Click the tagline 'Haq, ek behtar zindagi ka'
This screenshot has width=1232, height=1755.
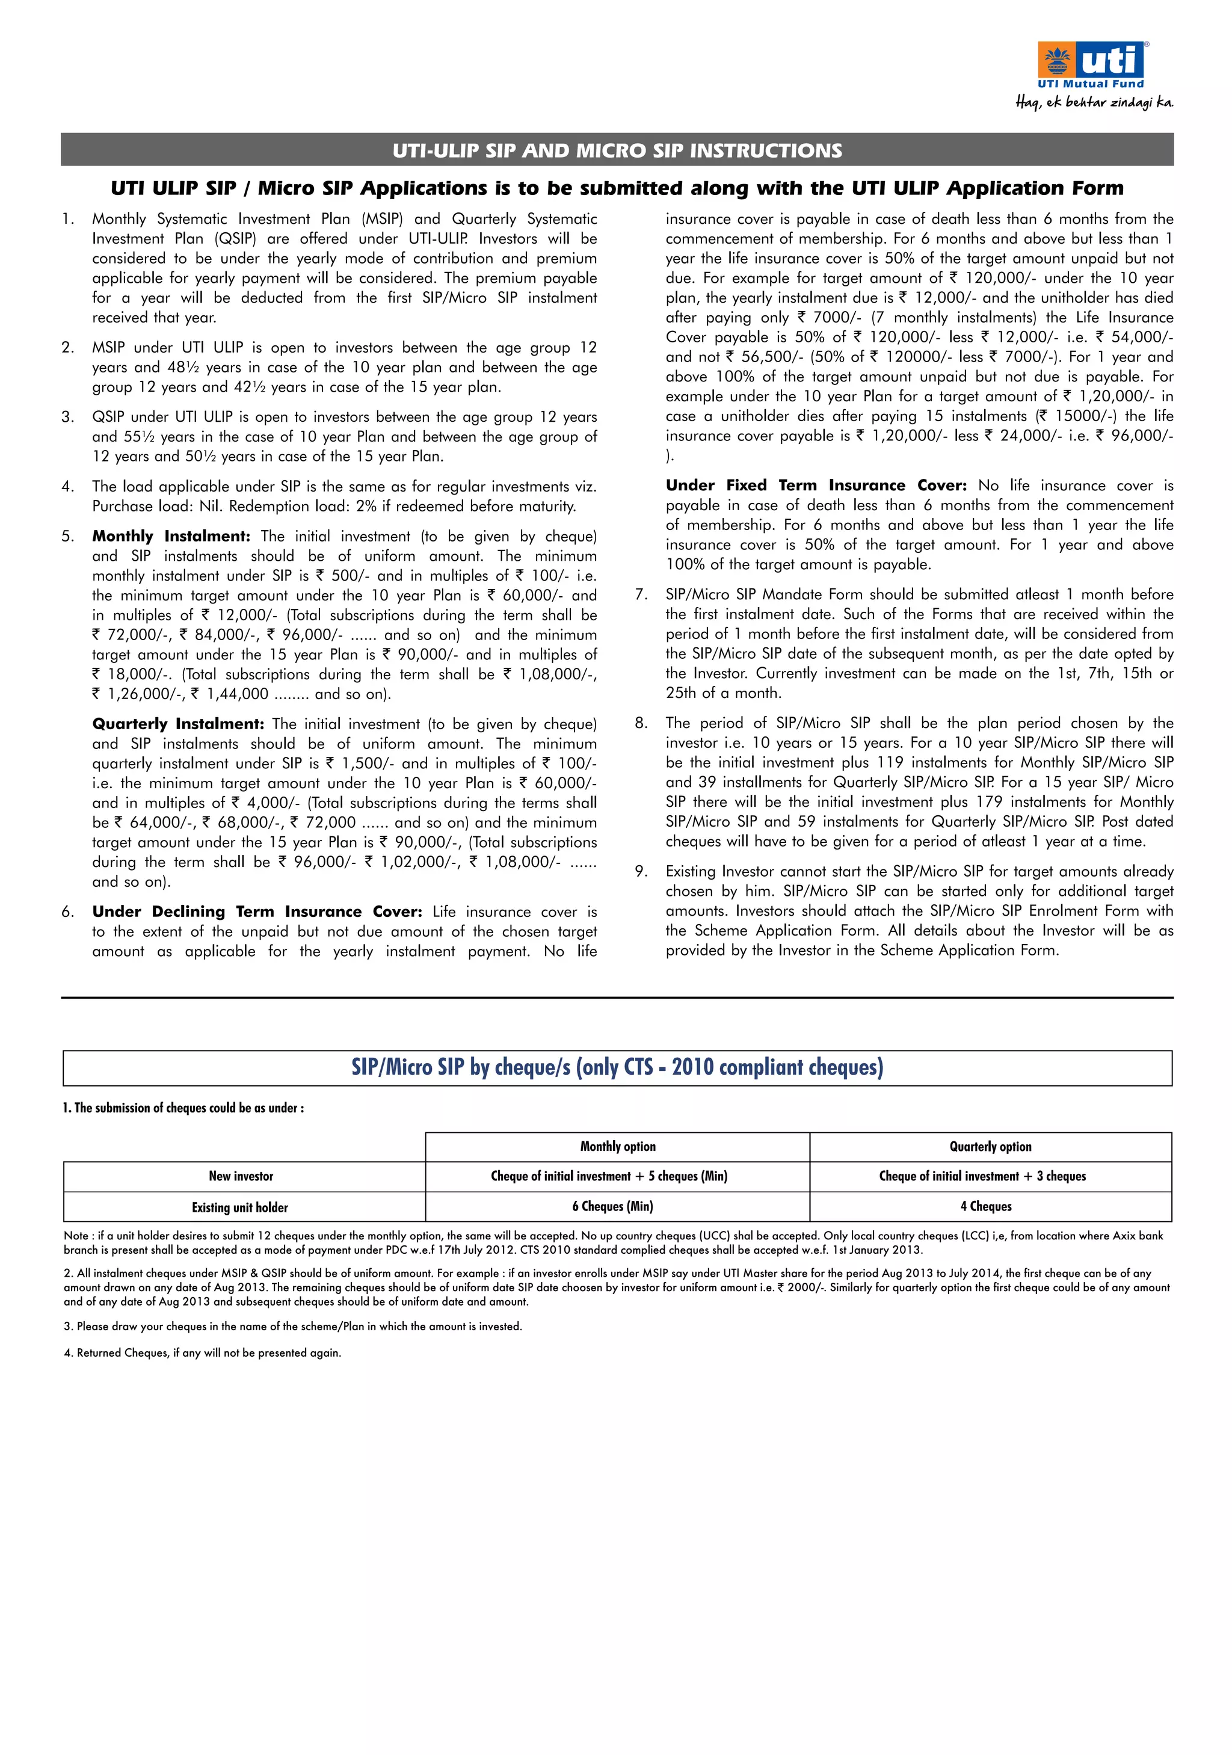click(x=1094, y=102)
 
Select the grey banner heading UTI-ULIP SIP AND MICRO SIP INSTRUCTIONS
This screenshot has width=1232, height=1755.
click(x=617, y=150)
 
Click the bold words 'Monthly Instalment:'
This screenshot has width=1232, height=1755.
click(x=171, y=536)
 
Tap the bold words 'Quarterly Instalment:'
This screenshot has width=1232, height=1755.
click(x=178, y=724)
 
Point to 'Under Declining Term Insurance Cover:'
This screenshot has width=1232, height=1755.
click(x=257, y=911)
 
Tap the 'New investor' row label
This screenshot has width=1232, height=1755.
click(x=241, y=1176)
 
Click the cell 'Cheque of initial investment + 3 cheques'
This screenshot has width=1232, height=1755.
click(x=982, y=1176)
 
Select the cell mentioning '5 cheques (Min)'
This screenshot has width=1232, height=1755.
click(x=609, y=1176)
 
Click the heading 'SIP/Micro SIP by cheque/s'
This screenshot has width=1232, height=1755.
click(x=617, y=1067)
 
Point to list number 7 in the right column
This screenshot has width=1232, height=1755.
click(x=641, y=594)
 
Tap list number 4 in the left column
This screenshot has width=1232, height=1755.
click(x=68, y=487)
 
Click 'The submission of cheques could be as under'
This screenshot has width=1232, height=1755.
click(x=183, y=1108)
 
